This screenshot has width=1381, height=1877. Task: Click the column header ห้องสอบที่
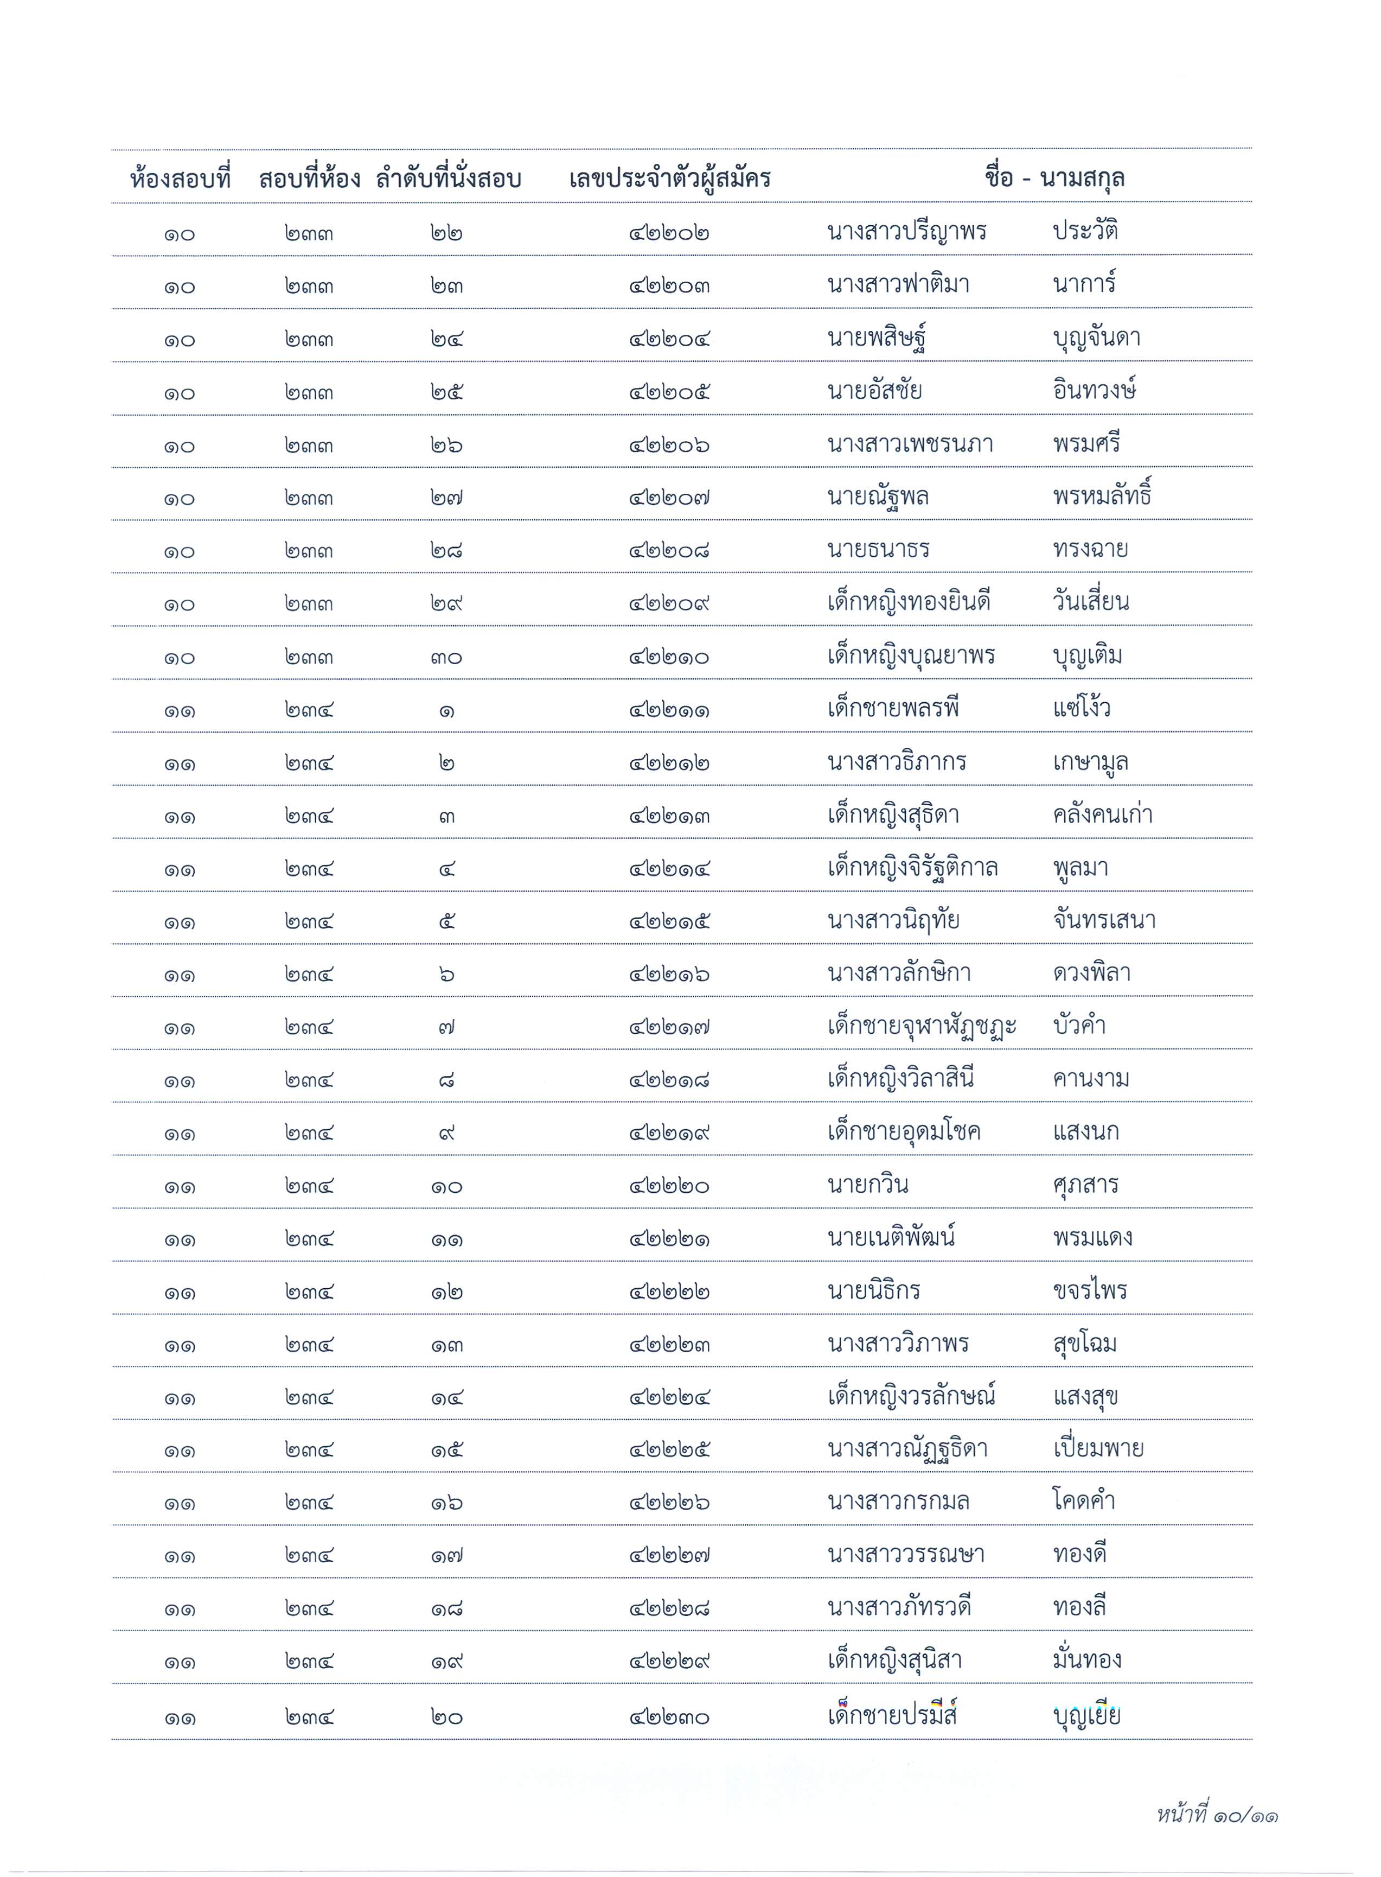[181, 179]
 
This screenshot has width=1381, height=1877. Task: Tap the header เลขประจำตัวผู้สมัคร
[669, 179]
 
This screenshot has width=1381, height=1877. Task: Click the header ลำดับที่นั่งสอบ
[448, 179]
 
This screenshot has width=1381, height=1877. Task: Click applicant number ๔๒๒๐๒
[669, 233]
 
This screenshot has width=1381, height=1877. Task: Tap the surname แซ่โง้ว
[1082, 709]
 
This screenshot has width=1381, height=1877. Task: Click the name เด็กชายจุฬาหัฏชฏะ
[921, 1027]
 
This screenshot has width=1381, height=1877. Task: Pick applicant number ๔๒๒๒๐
[669, 1186]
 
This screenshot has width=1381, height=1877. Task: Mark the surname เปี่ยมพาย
[1098, 1449]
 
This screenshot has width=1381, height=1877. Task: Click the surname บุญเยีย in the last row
[1087, 1716]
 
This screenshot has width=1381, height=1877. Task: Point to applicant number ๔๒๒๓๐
[669, 1718]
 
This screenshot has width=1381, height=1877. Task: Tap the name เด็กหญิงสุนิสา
[894, 1661]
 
